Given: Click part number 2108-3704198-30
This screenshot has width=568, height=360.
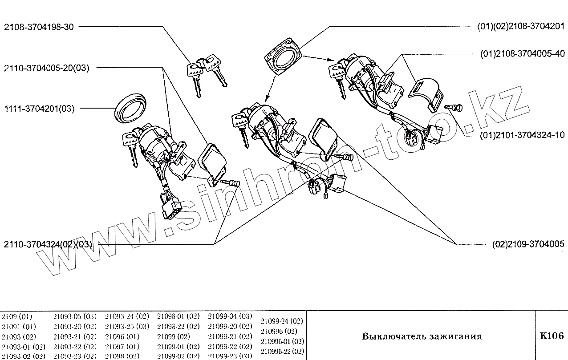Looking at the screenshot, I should (x=39, y=27).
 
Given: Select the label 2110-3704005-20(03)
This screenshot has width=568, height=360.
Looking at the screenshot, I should (x=47, y=68).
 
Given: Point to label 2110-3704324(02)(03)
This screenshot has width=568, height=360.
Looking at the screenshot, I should (x=48, y=244).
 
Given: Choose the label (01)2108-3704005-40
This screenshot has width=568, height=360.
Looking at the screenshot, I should (x=522, y=54).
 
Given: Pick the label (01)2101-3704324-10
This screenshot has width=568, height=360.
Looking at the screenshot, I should (x=522, y=135).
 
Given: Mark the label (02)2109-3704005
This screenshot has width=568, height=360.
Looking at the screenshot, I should (x=528, y=244).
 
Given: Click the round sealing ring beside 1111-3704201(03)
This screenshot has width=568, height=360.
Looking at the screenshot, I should (x=130, y=107).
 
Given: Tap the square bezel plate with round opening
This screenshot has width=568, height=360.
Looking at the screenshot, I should (x=283, y=57).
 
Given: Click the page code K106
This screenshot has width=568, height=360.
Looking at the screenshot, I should (x=552, y=336).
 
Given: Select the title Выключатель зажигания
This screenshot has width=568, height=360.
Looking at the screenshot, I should (x=422, y=336).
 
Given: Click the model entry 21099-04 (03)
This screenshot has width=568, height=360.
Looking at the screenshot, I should (x=230, y=316).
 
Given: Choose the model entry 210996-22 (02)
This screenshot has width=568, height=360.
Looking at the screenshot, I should (x=282, y=351).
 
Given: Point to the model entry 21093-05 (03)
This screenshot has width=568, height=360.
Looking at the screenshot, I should (x=74, y=316).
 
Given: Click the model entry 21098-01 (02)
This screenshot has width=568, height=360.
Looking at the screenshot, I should (x=178, y=316).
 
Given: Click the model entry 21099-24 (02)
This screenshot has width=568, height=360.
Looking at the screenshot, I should (x=282, y=321).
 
